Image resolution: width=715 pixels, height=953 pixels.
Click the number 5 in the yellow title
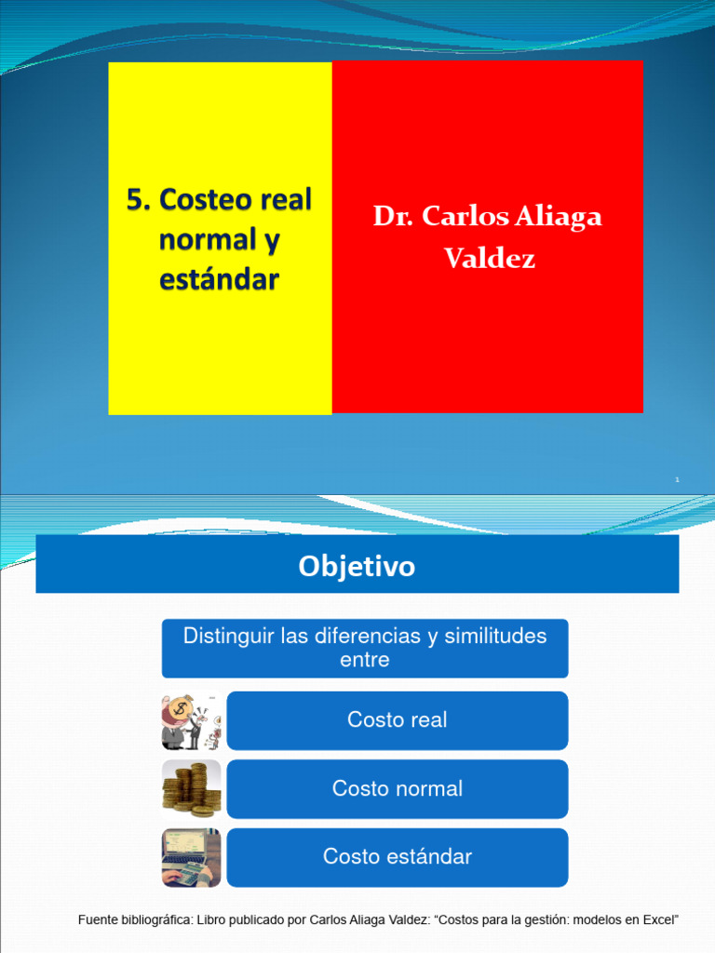[136, 200]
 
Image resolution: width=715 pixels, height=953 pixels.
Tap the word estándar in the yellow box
[219, 279]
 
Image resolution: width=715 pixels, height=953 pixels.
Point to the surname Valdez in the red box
[490, 258]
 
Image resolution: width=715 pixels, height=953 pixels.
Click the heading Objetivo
[357, 566]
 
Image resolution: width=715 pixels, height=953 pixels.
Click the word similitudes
[495, 637]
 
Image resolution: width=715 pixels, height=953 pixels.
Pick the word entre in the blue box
[365, 660]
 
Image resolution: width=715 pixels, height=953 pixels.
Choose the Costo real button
[397, 720]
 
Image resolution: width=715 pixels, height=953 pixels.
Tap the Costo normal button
[397, 789]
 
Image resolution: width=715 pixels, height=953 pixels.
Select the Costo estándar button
[397, 857]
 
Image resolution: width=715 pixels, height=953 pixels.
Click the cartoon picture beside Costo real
[191, 721]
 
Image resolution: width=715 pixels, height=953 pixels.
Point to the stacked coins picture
[191, 789]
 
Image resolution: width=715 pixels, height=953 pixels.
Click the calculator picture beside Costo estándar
[191, 857]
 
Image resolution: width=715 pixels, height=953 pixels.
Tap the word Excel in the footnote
[659, 920]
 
